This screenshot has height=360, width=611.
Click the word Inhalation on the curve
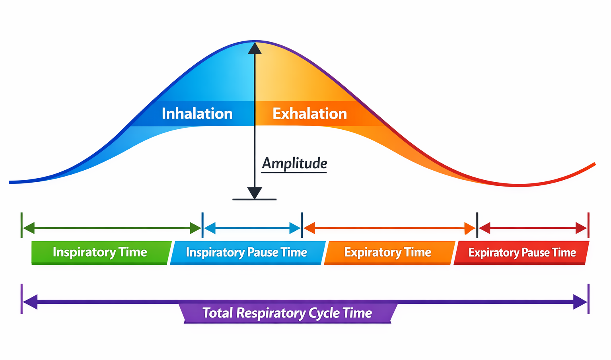tap(197, 114)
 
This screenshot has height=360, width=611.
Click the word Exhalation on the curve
tap(309, 114)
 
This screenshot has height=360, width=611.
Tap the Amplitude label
tap(294, 163)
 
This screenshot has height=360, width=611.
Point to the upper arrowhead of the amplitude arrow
tap(255, 49)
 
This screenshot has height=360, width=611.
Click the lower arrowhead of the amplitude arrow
tap(255, 193)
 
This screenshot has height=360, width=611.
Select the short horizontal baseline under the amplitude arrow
tap(255, 199)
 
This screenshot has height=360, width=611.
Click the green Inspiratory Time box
tap(100, 253)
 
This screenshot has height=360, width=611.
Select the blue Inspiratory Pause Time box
tap(246, 253)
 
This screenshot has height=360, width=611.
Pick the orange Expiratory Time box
tap(388, 253)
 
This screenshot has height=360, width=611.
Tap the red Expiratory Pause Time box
tap(521, 253)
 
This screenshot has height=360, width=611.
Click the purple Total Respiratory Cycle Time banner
tap(287, 313)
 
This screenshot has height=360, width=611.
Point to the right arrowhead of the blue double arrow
tap(295, 228)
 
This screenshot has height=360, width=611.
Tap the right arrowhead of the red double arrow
tap(581, 228)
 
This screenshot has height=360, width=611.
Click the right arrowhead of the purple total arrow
tap(580, 302)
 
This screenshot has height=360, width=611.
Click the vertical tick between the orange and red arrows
tap(477, 225)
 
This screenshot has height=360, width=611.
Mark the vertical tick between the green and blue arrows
tap(202, 225)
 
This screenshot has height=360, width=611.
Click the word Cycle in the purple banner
tap(324, 313)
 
